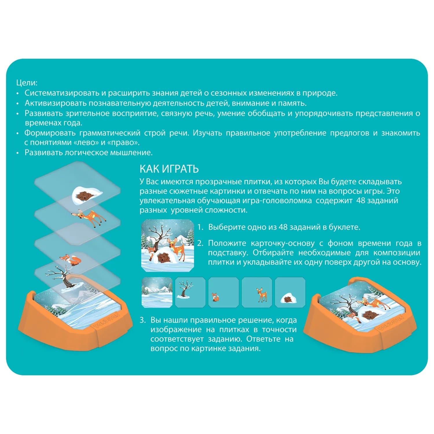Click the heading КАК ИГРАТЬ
[169, 169]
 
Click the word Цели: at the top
[27, 83]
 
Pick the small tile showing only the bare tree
[190, 292]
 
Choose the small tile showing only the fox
[223, 292]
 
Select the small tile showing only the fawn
[257, 292]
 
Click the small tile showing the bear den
[290, 292]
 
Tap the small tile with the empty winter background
[157, 292]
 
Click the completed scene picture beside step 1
[168, 246]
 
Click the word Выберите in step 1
[227, 227]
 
